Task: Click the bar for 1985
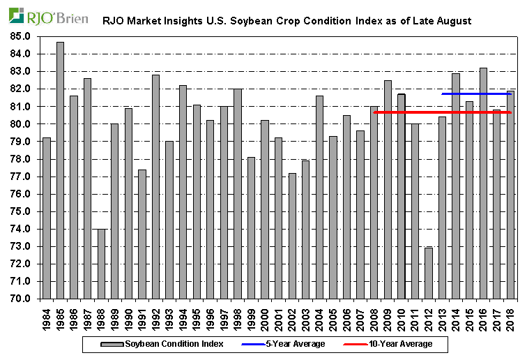click(x=60, y=170)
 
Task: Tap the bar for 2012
click(x=429, y=273)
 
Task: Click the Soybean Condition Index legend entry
click(x=165, y=344)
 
